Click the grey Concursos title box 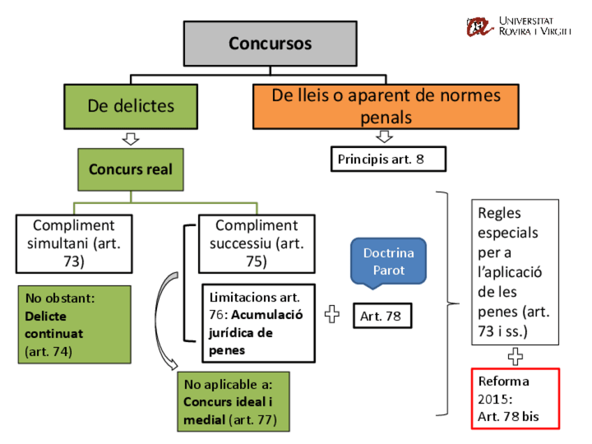pyautogui.click(x=269, y=43)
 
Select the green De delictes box pyautogui.click(x=131, y=106)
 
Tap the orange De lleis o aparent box pyautogui.click(x=385, y=106)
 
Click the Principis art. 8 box pyautogui.click(x=387, y=159)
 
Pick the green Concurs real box pyautogui.click(x=131, y=170)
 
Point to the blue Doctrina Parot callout pyautogui.click(x=388, y=261)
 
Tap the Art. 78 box pyautogui.click(x=381, y=316)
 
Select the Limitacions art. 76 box pyautogui.click(x=258, y=323)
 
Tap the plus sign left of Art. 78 pyautogui.click(x=333, y=316)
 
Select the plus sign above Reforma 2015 pyautogui.click(x=515, y=357)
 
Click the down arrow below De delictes pyautogui.click(x=131, y=138)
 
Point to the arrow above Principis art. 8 pyautogui.click(x=385, y=136)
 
